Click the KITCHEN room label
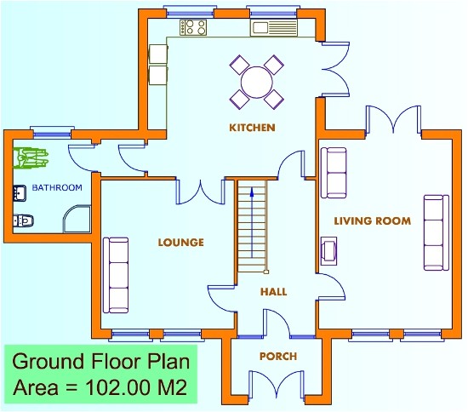(252, 128)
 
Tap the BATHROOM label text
(57, 187)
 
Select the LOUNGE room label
(180, 243)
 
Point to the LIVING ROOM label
(372, 220)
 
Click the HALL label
(274, 292)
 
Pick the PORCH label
(278, 357)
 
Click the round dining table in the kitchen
(257, 83)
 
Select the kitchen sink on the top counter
(271, 28)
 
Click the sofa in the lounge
(116, 274)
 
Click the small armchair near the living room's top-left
(333, 162)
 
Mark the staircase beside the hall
(252, 226)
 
